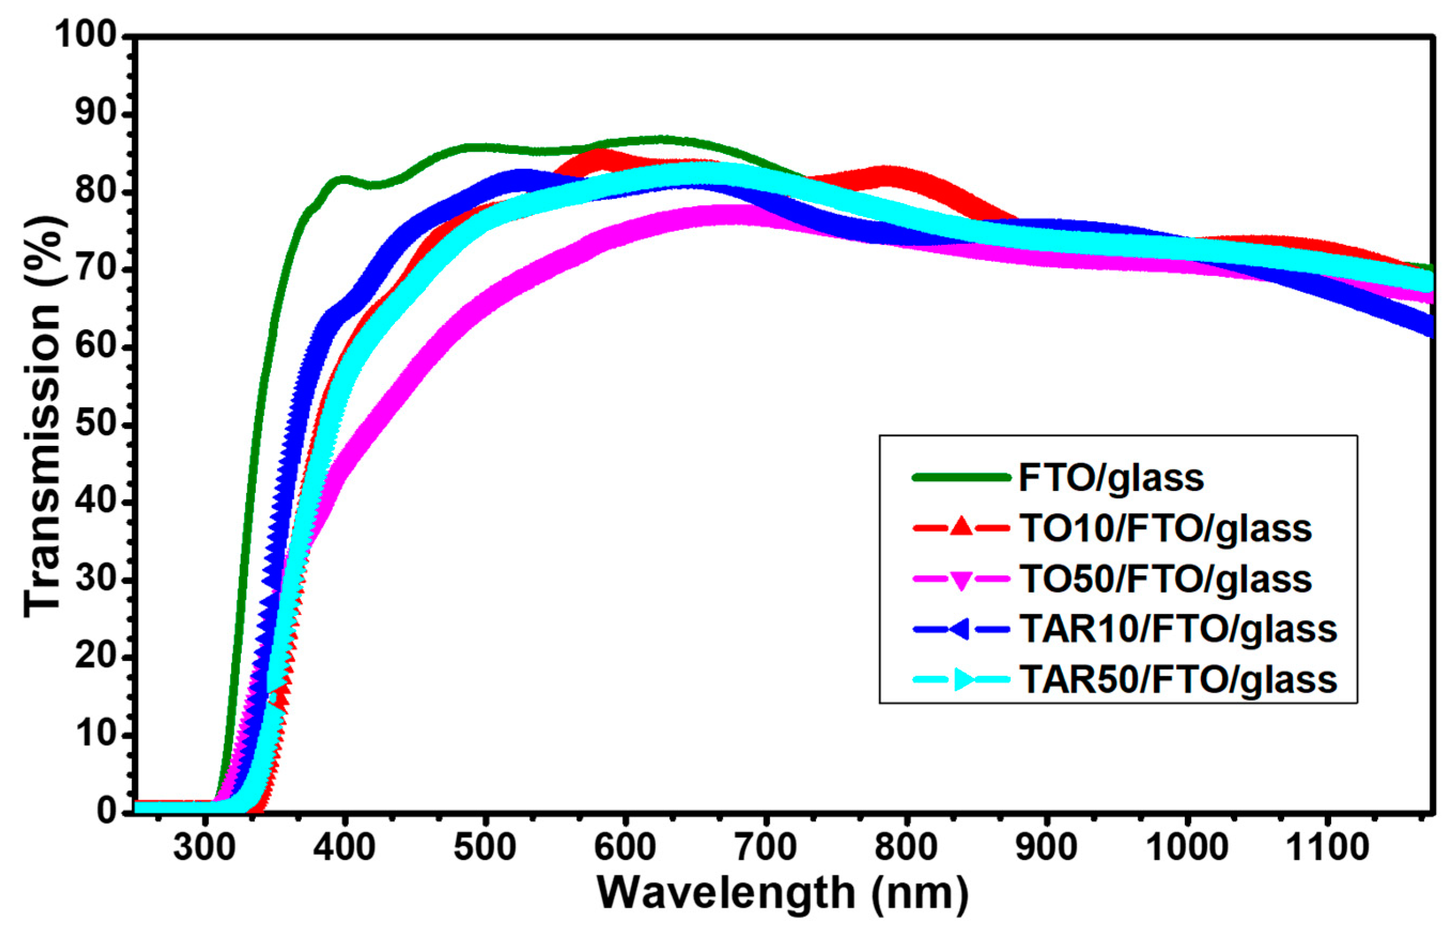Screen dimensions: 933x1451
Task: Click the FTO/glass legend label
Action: [1111, 479]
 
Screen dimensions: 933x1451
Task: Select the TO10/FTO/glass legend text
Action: [1166, 529]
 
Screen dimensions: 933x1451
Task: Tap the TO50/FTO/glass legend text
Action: [1166, 579]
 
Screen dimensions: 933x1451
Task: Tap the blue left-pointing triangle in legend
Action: [959, 629]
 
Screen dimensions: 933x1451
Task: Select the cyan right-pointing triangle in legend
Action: [964, 680]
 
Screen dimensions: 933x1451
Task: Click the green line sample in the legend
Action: [961, 478]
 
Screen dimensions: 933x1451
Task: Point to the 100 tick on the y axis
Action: [85, 35]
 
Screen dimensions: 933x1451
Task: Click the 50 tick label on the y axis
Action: [96, 425]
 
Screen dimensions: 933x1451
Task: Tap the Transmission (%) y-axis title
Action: [44, 418]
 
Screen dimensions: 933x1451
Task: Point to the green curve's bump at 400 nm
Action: [343, 180]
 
